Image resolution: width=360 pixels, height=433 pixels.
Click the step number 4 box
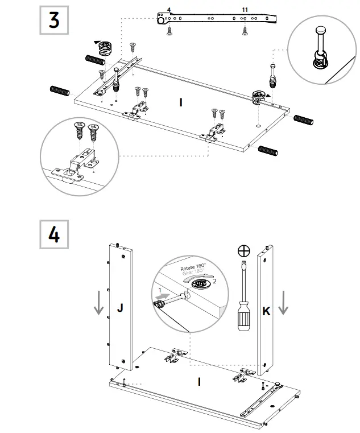click(54, 234)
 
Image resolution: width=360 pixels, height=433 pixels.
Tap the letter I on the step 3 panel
click(181, 102)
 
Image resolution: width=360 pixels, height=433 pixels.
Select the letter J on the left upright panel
click(120, 308)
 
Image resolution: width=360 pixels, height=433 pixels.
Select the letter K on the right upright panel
click(266, 311)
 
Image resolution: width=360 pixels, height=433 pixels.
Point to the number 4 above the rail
click(168, 10)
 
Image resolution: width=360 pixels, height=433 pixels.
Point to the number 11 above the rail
click(245, 10)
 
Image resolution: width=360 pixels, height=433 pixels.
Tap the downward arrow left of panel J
click(99, 303)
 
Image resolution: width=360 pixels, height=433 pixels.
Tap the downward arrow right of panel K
click(284, 303)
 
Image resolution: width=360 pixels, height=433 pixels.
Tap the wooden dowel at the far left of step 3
click(59, 90)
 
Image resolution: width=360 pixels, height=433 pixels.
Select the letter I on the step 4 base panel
click(199, 382)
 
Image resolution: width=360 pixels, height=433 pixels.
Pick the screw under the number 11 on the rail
click(245, 31)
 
